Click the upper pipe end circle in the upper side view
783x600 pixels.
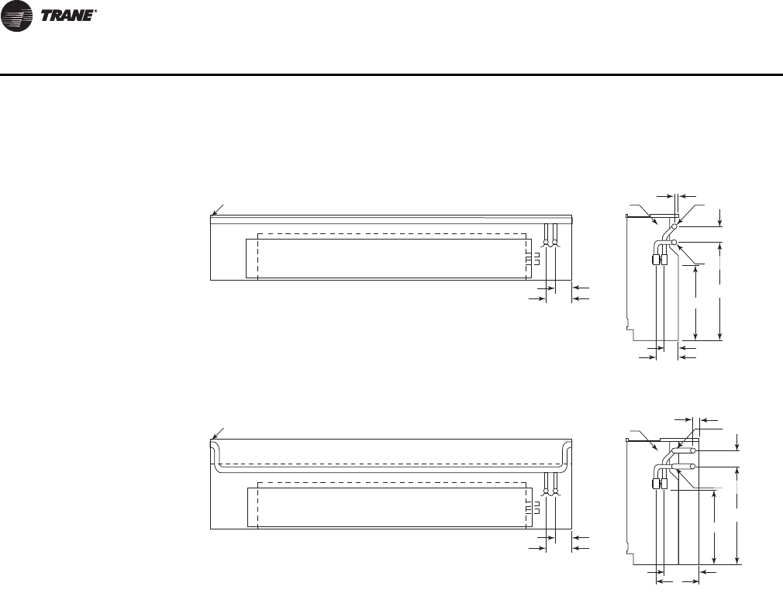coord(674,226)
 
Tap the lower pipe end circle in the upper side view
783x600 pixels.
coord(674,243)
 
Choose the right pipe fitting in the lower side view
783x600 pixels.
coord(665,484)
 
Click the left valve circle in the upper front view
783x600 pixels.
coord(547,243)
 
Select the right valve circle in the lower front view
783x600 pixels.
coord(556,491)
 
